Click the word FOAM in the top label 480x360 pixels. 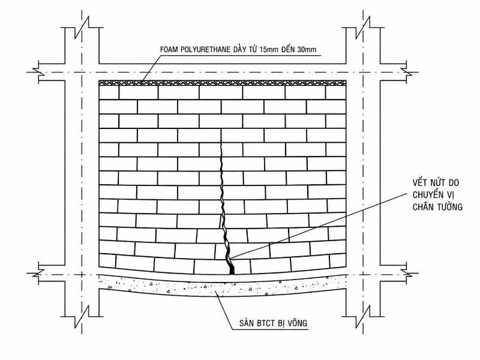click(x=169, y=50)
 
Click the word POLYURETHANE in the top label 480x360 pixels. click(x=205, y=50)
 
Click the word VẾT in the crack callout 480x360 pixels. click(x=419, y=182)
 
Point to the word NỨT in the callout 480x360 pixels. click(x=437, y=182)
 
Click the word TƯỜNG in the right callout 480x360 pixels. click(x=450, y=207)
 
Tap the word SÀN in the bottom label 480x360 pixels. click(x=246, y=323)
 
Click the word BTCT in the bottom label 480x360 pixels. click(x=265, y=323)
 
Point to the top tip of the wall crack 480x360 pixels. click(x=221, y=130)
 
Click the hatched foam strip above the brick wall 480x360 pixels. click(x=223, y=82)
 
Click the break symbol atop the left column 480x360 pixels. click(x=82, y=26)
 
